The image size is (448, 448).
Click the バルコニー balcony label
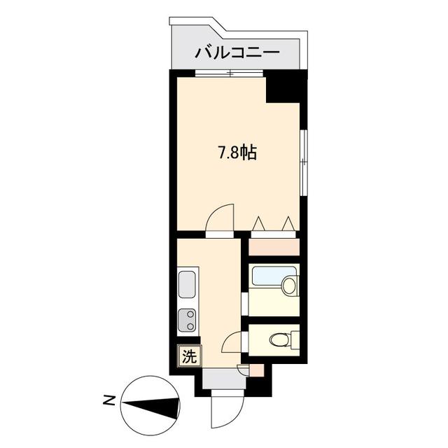237,52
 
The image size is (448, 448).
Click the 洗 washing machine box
189,356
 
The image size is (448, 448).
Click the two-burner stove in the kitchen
187,320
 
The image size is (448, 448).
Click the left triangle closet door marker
258,224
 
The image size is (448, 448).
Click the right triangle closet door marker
288,224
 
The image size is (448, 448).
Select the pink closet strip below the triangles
274,246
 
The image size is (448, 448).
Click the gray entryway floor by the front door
221,378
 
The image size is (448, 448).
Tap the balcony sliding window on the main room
229,72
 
